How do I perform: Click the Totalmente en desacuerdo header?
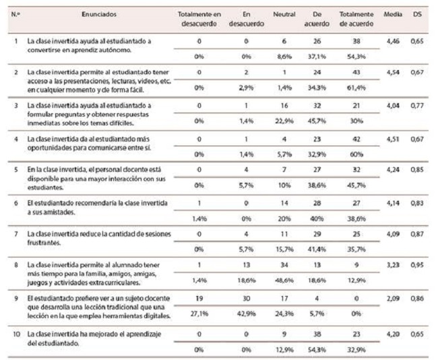point(199,18)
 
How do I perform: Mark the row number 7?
point(16,233)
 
